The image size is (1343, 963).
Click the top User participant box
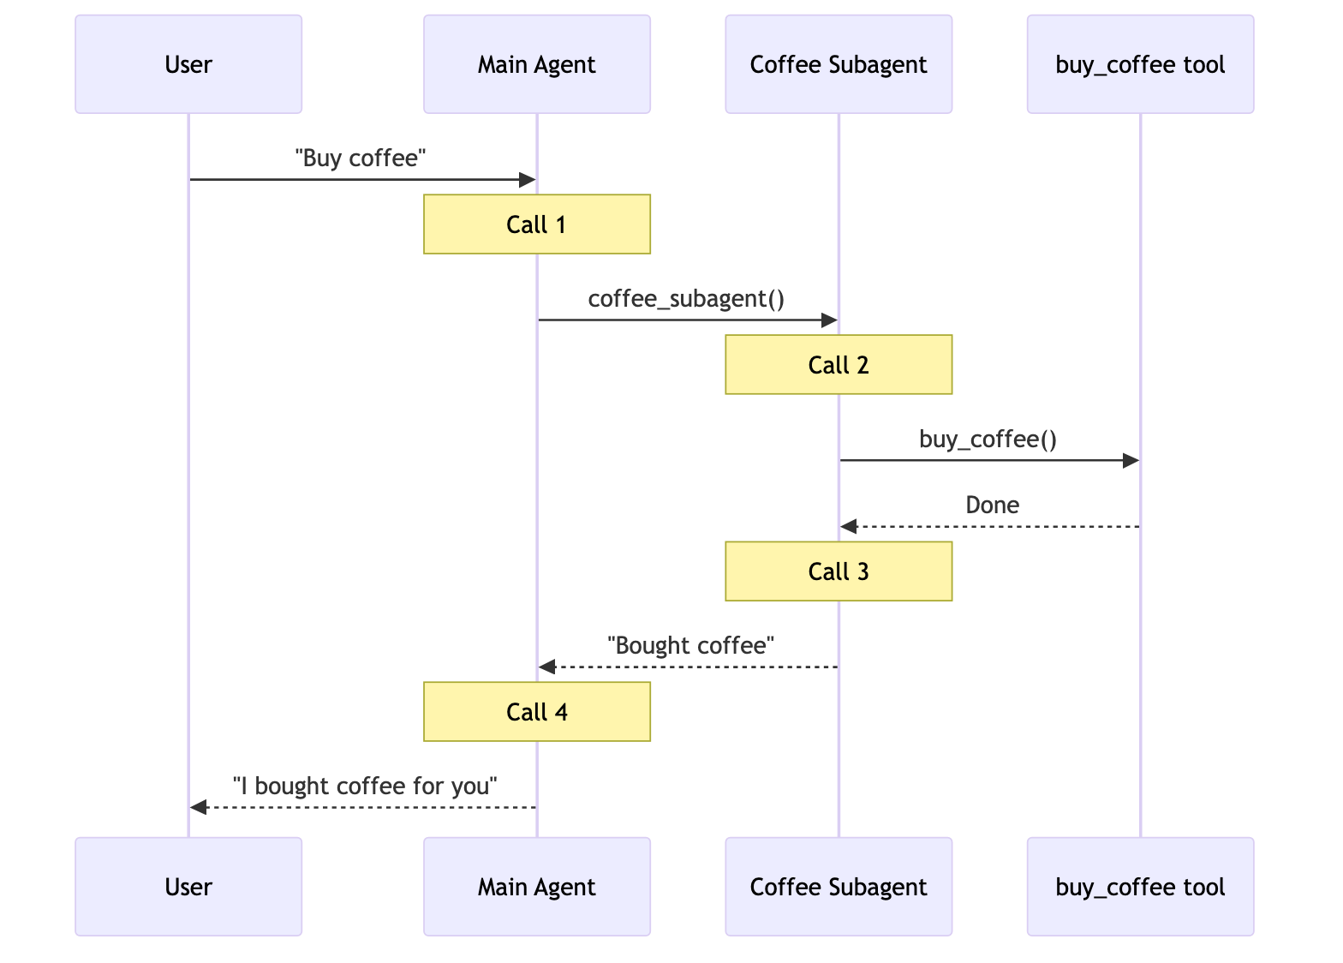[188, 64]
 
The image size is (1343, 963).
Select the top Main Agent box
[536, 64]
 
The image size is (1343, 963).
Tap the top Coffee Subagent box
[839, 64]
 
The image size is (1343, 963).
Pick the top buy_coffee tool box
[1140, 64]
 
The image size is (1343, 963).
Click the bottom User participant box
[188, 887]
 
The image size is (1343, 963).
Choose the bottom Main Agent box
[536, 887]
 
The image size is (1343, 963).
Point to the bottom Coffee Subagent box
[839, 887]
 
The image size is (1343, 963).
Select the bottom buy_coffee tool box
[1140, 887]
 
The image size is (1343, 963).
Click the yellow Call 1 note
[536, 224]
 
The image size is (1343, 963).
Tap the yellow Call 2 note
[839, 365]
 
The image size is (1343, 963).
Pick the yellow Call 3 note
[839, 571]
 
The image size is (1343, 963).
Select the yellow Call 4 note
[536, 712]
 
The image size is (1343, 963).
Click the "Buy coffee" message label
[361, 159]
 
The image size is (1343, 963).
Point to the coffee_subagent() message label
[686, 299]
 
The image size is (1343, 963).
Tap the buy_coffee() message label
[988, 440]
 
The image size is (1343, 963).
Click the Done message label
[992, 505]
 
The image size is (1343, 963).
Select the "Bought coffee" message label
[690, 646]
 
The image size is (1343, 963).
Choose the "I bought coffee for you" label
[365, 787]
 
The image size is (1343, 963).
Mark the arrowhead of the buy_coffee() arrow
[1131, 461]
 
